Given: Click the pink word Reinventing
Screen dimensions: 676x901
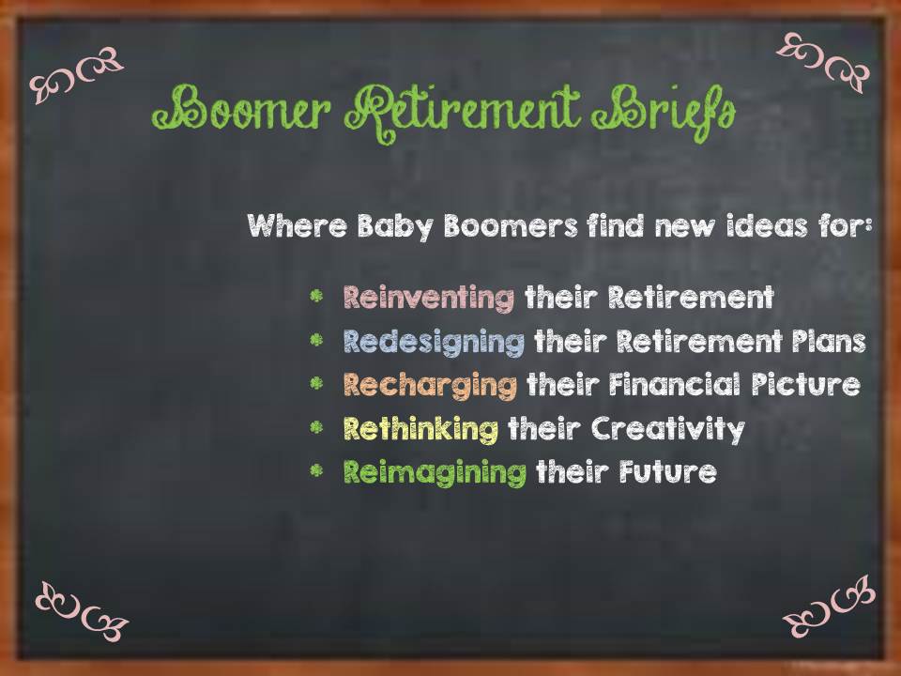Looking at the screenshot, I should pos(429,299).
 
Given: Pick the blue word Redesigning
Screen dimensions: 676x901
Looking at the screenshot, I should pos(434,342).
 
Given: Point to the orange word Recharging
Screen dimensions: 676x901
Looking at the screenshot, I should pos(430,385).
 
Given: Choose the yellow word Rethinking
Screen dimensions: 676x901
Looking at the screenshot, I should pos(420,428).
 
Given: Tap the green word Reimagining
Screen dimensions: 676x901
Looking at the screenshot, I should pos(435,471).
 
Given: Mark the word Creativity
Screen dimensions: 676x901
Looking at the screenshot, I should pos(668,428).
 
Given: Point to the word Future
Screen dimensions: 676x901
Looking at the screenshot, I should pos(667,471).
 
